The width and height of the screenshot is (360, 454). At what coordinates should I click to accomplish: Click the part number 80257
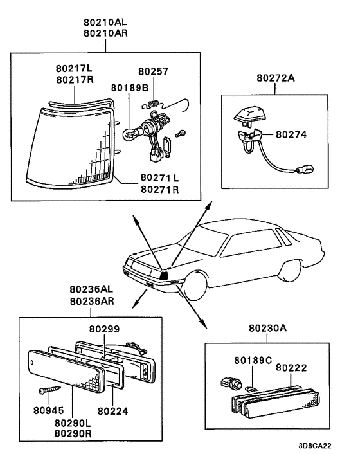(x=153, y=71)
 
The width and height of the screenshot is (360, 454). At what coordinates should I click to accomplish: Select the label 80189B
(x=130, y=87)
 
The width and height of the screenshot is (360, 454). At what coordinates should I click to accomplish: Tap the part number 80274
(x=291, y=134)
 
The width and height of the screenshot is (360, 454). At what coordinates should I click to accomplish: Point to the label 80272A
(x=276, y=78)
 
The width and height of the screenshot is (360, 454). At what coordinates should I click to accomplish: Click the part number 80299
(x=104, y=329)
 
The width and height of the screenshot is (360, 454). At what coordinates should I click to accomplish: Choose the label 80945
(x=49, y=410)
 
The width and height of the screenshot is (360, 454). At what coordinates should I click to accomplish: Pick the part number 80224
(x=113, y=411)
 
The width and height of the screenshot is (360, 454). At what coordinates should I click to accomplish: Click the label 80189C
(x=253, y=360)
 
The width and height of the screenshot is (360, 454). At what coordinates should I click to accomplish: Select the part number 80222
(x=291, y=368)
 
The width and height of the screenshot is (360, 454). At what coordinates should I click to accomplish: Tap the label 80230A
(x=267, y=328)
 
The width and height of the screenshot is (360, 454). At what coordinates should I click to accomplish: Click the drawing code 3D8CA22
(x=315, y=446)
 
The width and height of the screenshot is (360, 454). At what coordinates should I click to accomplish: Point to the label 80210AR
(x=105, y=33)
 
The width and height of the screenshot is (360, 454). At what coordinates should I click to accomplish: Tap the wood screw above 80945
(x=50, y=390)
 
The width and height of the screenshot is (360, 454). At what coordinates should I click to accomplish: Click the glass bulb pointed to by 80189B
(x=130, y=134)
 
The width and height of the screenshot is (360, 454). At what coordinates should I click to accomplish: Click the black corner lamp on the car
(x=164, y=275)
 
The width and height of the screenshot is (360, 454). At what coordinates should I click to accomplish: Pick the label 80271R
(x=159, y=190)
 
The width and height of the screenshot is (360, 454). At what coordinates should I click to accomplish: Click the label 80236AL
(x=91, y=289)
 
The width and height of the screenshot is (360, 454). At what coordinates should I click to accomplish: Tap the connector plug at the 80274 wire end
(x=305, y=168)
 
